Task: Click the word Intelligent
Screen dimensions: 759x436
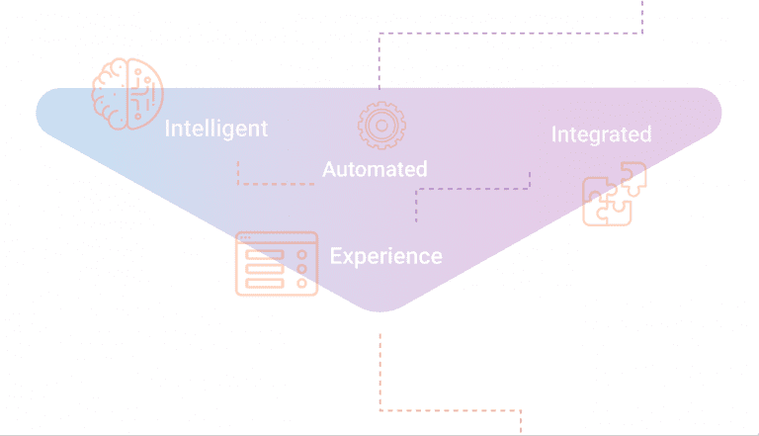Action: [215, 130]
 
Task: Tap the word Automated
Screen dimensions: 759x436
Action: [375, 170]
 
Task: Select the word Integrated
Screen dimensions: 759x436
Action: [602, 135]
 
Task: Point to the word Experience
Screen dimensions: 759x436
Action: [385, 256]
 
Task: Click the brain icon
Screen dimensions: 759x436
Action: [127, 94]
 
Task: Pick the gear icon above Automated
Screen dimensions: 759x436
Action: [381, 126]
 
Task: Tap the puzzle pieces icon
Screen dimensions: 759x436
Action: [615, 194]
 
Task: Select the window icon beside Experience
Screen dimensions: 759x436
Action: [277, 264]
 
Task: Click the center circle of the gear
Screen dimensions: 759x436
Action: [381, 126]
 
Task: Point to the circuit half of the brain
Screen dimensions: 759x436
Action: [145, 94]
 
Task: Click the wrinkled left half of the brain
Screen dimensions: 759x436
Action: [110, 94]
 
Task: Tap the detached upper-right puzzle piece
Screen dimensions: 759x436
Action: [633, 178]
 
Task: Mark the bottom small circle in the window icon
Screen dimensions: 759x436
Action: [302, 283]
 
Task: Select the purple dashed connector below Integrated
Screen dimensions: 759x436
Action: [472, 189]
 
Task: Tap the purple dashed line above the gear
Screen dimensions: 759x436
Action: [511, 34]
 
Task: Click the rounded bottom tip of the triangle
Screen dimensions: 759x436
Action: [380, 310]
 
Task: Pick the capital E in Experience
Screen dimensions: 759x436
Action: [335, 256]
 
